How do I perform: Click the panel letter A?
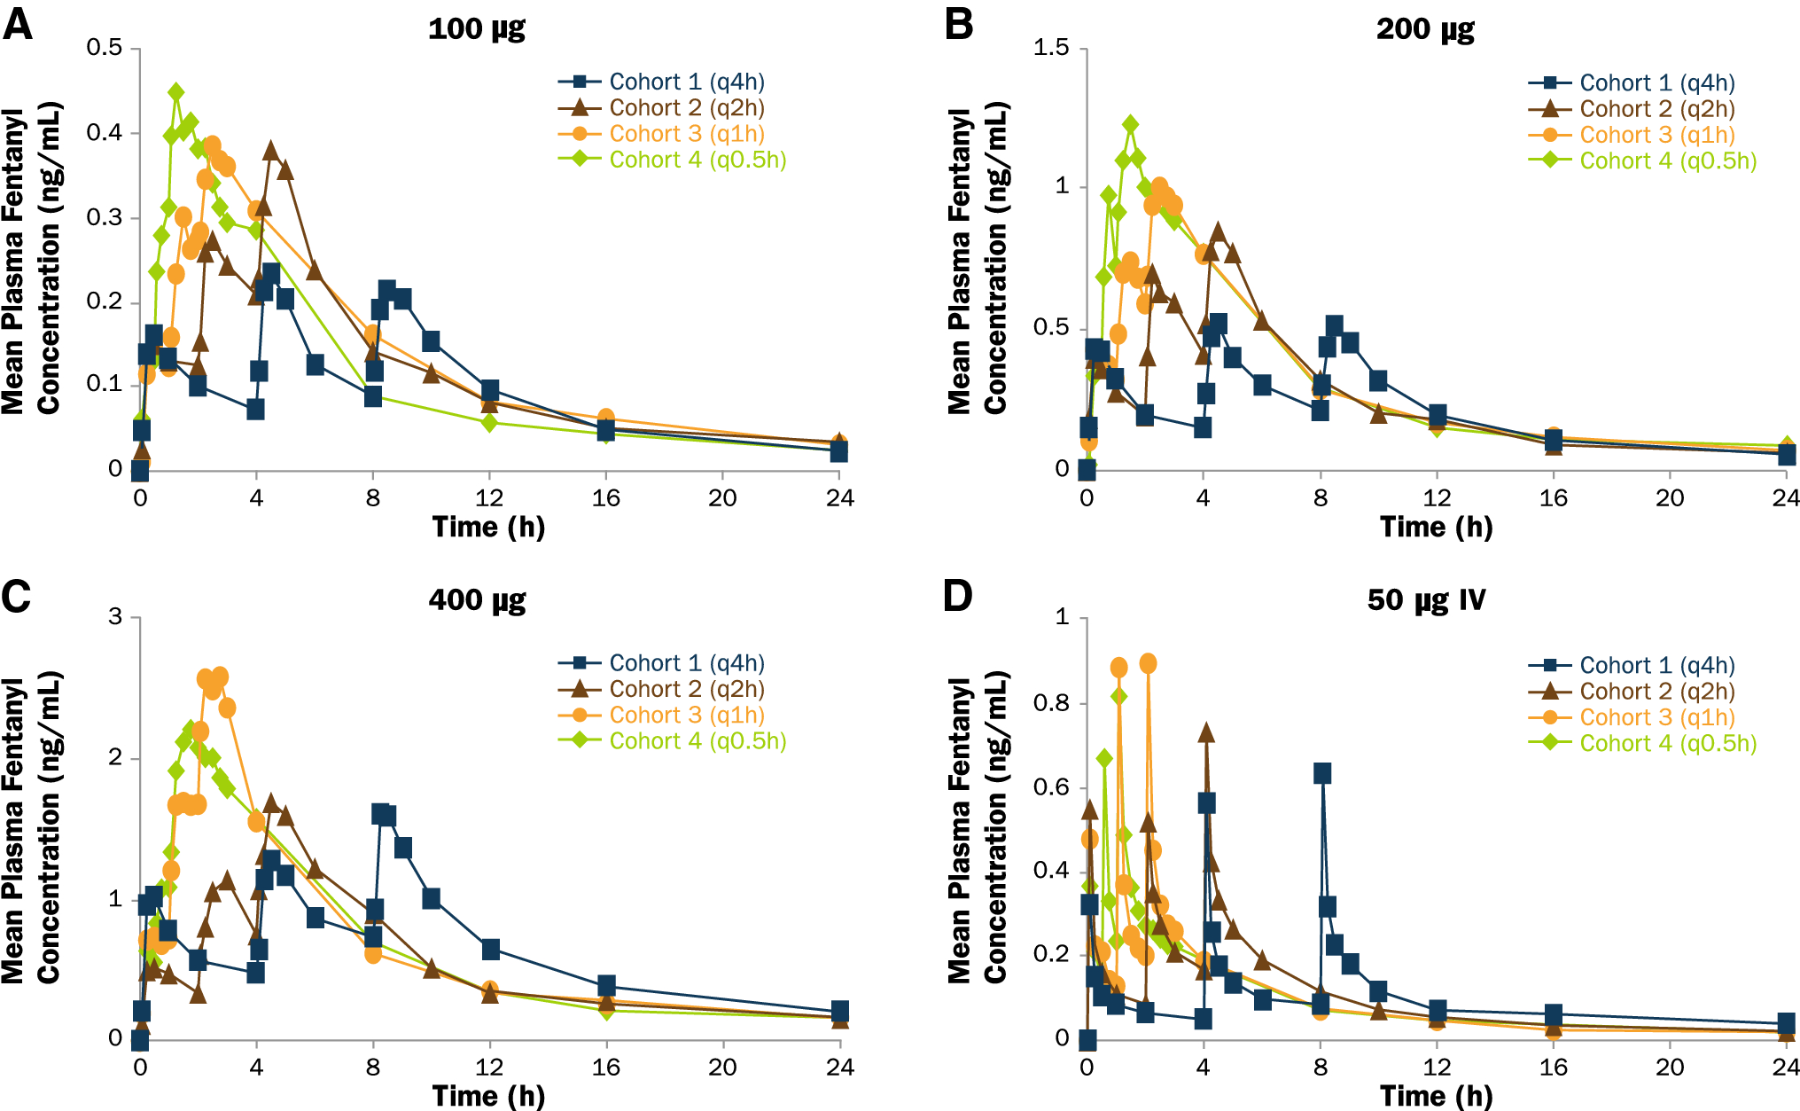[x=18, y=24]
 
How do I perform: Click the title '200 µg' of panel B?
[x=1425, y=29]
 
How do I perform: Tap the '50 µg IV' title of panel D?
[x=1426, y=600]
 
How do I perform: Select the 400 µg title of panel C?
[x=477, y=600]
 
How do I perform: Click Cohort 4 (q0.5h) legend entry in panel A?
[x=697, y=160]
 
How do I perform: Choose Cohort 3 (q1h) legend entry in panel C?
[x=686, y=715]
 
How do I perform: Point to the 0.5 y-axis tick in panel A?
[x=105, y=47]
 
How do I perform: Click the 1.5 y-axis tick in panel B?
[x=1051, y=47]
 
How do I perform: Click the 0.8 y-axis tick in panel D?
[x=1051, y=703]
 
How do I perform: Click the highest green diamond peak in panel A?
[x=176, y=92]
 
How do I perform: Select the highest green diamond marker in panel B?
[x=1130, y=124]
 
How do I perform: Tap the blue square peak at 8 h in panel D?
[x=1321, y=773]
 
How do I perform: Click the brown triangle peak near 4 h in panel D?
[x=1206, y=732]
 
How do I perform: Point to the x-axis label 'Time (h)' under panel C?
[x=488, y=1096]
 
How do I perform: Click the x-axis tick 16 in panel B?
[x=1553, y=498]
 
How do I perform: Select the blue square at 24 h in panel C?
[x=840, y=1011]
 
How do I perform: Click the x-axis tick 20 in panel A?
[x=722, y=498]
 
